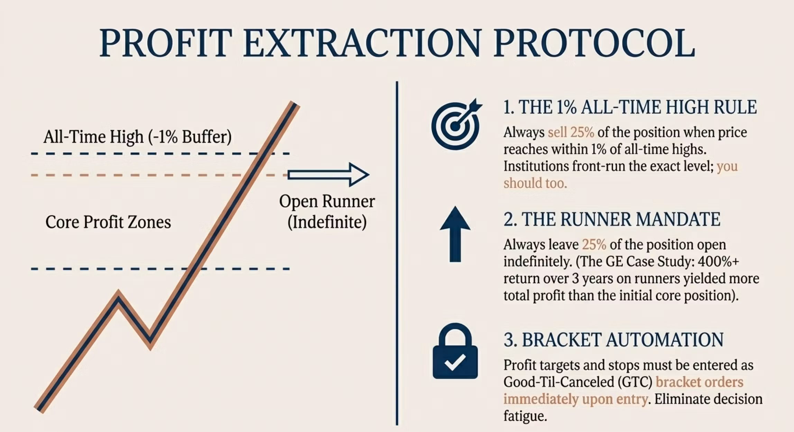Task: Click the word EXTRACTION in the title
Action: pos(362,43)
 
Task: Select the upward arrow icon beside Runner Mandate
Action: pos(455,234)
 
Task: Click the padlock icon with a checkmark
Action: pos(455,351)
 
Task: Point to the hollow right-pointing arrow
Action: pos(328,175)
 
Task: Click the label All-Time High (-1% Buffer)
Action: pos(138,137)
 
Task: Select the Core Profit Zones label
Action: pos(108,222)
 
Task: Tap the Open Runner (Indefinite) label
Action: pos(327,212)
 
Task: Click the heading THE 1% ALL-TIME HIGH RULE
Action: pos(630,107)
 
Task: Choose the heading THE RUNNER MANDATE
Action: pos(612,219)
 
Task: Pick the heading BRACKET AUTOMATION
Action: pos(613,340)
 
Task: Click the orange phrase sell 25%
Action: pos(571,132)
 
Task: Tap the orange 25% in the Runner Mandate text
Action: pos(594,245)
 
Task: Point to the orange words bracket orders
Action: pos(699,382)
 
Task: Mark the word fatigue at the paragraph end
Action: pos(525,416)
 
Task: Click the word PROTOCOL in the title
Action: pos(594,43)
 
